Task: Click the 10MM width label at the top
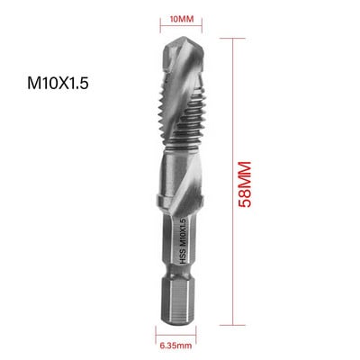[x=181, y=19]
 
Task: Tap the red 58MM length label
[x=244, y=184]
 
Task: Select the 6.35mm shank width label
[x=175, y=346]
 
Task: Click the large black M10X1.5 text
[x=58, y=83]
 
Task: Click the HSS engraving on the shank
[x=183, y=258]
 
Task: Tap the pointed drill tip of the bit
[x=184, y=39]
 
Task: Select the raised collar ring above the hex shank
[x=181, y=201]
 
